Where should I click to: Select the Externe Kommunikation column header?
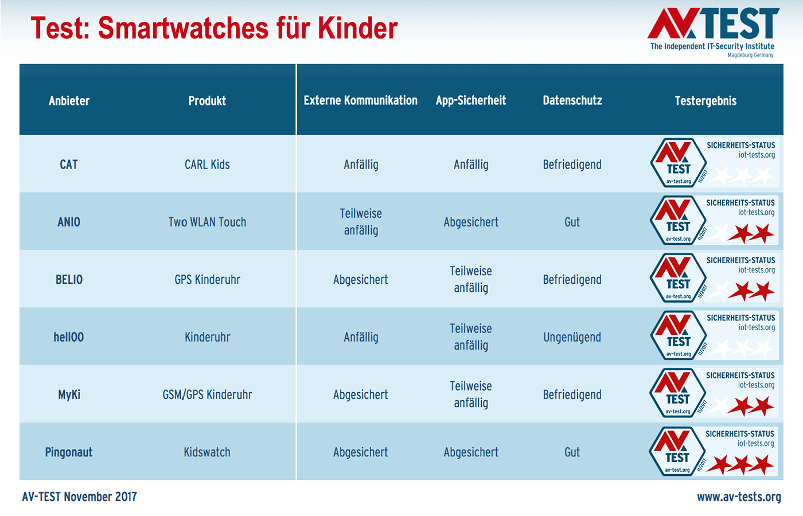click(360, 100)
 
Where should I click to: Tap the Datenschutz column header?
click(572, 100)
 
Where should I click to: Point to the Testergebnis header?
click(705, 101)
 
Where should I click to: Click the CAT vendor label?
click(69, 165)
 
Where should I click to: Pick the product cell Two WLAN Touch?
click(207, 222)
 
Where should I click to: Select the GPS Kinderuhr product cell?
click(207, 280)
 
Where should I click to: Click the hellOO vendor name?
click(69, 337)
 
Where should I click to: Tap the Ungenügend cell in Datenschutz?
click(572, 337)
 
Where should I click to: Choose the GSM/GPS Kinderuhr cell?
click(207, 394)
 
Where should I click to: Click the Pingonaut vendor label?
click(69, 452)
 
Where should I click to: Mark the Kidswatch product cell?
click(207, 452)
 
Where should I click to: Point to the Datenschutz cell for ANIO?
click(572, 222)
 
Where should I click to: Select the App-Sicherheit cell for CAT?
click(471, 165)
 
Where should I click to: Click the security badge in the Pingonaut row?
click(713, 452)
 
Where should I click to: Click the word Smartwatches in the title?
click(183, 28)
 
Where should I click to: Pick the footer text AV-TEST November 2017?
click(79, 497)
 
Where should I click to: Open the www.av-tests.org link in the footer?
click(739, 497)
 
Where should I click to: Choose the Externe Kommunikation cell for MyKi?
click(360, 394)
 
